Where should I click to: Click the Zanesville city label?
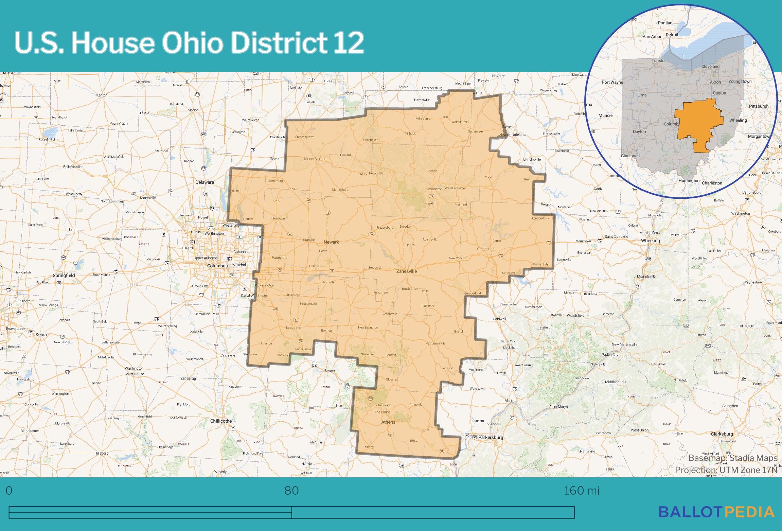[406, 271]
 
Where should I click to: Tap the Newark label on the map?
[331, 242]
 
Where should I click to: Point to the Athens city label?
[388, 422]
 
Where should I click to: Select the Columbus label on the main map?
[217, 266]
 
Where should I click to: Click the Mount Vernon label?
[315, 159]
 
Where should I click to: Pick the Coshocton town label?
[434, 189]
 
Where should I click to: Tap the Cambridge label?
[485, 249]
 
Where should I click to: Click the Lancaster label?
[294, 328]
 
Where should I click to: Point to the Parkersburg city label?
[491, 437]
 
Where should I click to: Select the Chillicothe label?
[221, 421]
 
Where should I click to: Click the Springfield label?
[64, 275]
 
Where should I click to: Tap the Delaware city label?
[205, 182]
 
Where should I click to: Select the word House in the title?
[113, 43]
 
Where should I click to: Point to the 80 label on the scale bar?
[291, 491]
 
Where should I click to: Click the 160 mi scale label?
[582, 491]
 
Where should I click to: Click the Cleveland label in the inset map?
[710, 66]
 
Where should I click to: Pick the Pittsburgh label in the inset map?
[759, 106]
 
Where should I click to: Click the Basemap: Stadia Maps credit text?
[733, 458]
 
